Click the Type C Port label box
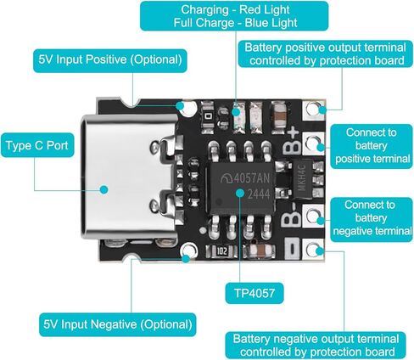click(x=37, y=145)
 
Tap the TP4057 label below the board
click(x=255, y=293)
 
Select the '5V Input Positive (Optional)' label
click(x=110, y=60)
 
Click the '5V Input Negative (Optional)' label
click(x=118, y=324)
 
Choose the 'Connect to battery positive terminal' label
click(x=372, y=146)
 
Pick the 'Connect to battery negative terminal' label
click(x=372, y=219)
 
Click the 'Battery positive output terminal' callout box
click(x=326, y=54)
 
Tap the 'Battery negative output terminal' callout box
click(x=316, y=346)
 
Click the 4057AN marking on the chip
click(x=245, y=178)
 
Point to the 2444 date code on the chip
click(x=259, y=194)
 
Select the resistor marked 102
click(x=221, y=251)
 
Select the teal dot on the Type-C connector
click(x=104, y=189)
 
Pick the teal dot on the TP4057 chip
click(x=240, y=193)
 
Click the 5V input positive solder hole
click(x=189, y=109)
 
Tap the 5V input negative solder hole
click(x=189, y=250)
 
